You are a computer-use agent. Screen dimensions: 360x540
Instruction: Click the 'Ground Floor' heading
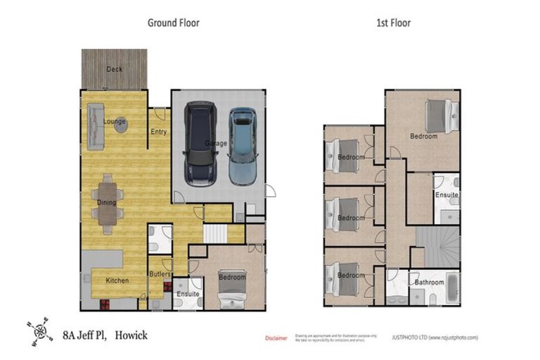point(173,22)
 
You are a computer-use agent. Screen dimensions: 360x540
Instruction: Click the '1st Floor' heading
point(393,22)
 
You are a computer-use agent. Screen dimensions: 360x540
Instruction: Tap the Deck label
point(114,69)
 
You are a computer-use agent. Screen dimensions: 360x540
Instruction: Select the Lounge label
point(115,122)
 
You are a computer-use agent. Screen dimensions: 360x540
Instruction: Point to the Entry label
point(159,131)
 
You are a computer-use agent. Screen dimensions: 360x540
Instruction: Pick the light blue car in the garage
point(243,145)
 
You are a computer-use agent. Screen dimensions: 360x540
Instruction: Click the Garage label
point(216,143)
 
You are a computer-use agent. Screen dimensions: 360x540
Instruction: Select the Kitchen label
point(117,281)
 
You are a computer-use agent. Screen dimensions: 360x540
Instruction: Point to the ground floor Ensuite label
point(188,294)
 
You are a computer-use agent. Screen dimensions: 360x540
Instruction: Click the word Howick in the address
point(131,335)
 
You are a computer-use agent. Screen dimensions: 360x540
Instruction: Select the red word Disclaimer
point(276,338)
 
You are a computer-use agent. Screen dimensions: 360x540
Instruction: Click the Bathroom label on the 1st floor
point(429,283)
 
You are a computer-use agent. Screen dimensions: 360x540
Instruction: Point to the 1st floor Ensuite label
point(446,194)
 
